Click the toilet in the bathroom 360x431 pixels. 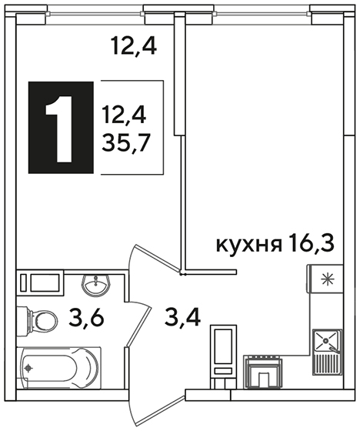38,321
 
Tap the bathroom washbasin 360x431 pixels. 96,286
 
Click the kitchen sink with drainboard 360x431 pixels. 328,352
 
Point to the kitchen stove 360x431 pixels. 263,372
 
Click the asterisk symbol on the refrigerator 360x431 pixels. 328,279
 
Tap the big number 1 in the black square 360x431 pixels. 61,129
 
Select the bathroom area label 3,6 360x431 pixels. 86,317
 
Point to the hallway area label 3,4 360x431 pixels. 182,317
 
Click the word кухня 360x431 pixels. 249,245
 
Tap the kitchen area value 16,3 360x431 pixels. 312,243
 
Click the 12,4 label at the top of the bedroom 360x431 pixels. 134,46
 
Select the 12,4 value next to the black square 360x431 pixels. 124,115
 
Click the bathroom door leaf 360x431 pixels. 139,326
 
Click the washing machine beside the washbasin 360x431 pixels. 40,282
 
